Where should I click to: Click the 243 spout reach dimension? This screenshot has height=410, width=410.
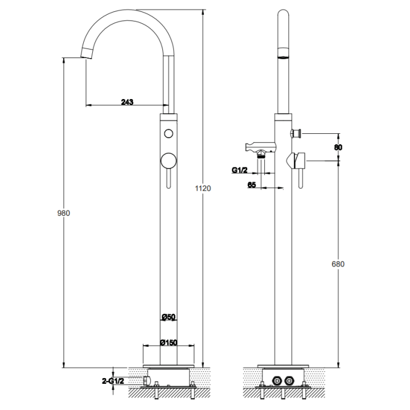[127, 102]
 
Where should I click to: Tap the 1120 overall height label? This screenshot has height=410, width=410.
[203, 188]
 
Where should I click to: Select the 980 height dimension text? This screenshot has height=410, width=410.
[64, 214]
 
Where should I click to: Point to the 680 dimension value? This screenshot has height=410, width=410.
[338, 264]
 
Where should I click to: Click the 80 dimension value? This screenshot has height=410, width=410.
[338, 147]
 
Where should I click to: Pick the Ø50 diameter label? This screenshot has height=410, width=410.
[169, 317]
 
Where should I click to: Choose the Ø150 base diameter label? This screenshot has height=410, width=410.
[169, 342]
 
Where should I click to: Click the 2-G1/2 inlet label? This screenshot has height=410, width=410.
[113, 381]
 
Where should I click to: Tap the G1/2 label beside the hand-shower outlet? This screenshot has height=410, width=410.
[239, 170]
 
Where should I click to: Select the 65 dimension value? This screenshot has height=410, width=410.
[252, 185]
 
